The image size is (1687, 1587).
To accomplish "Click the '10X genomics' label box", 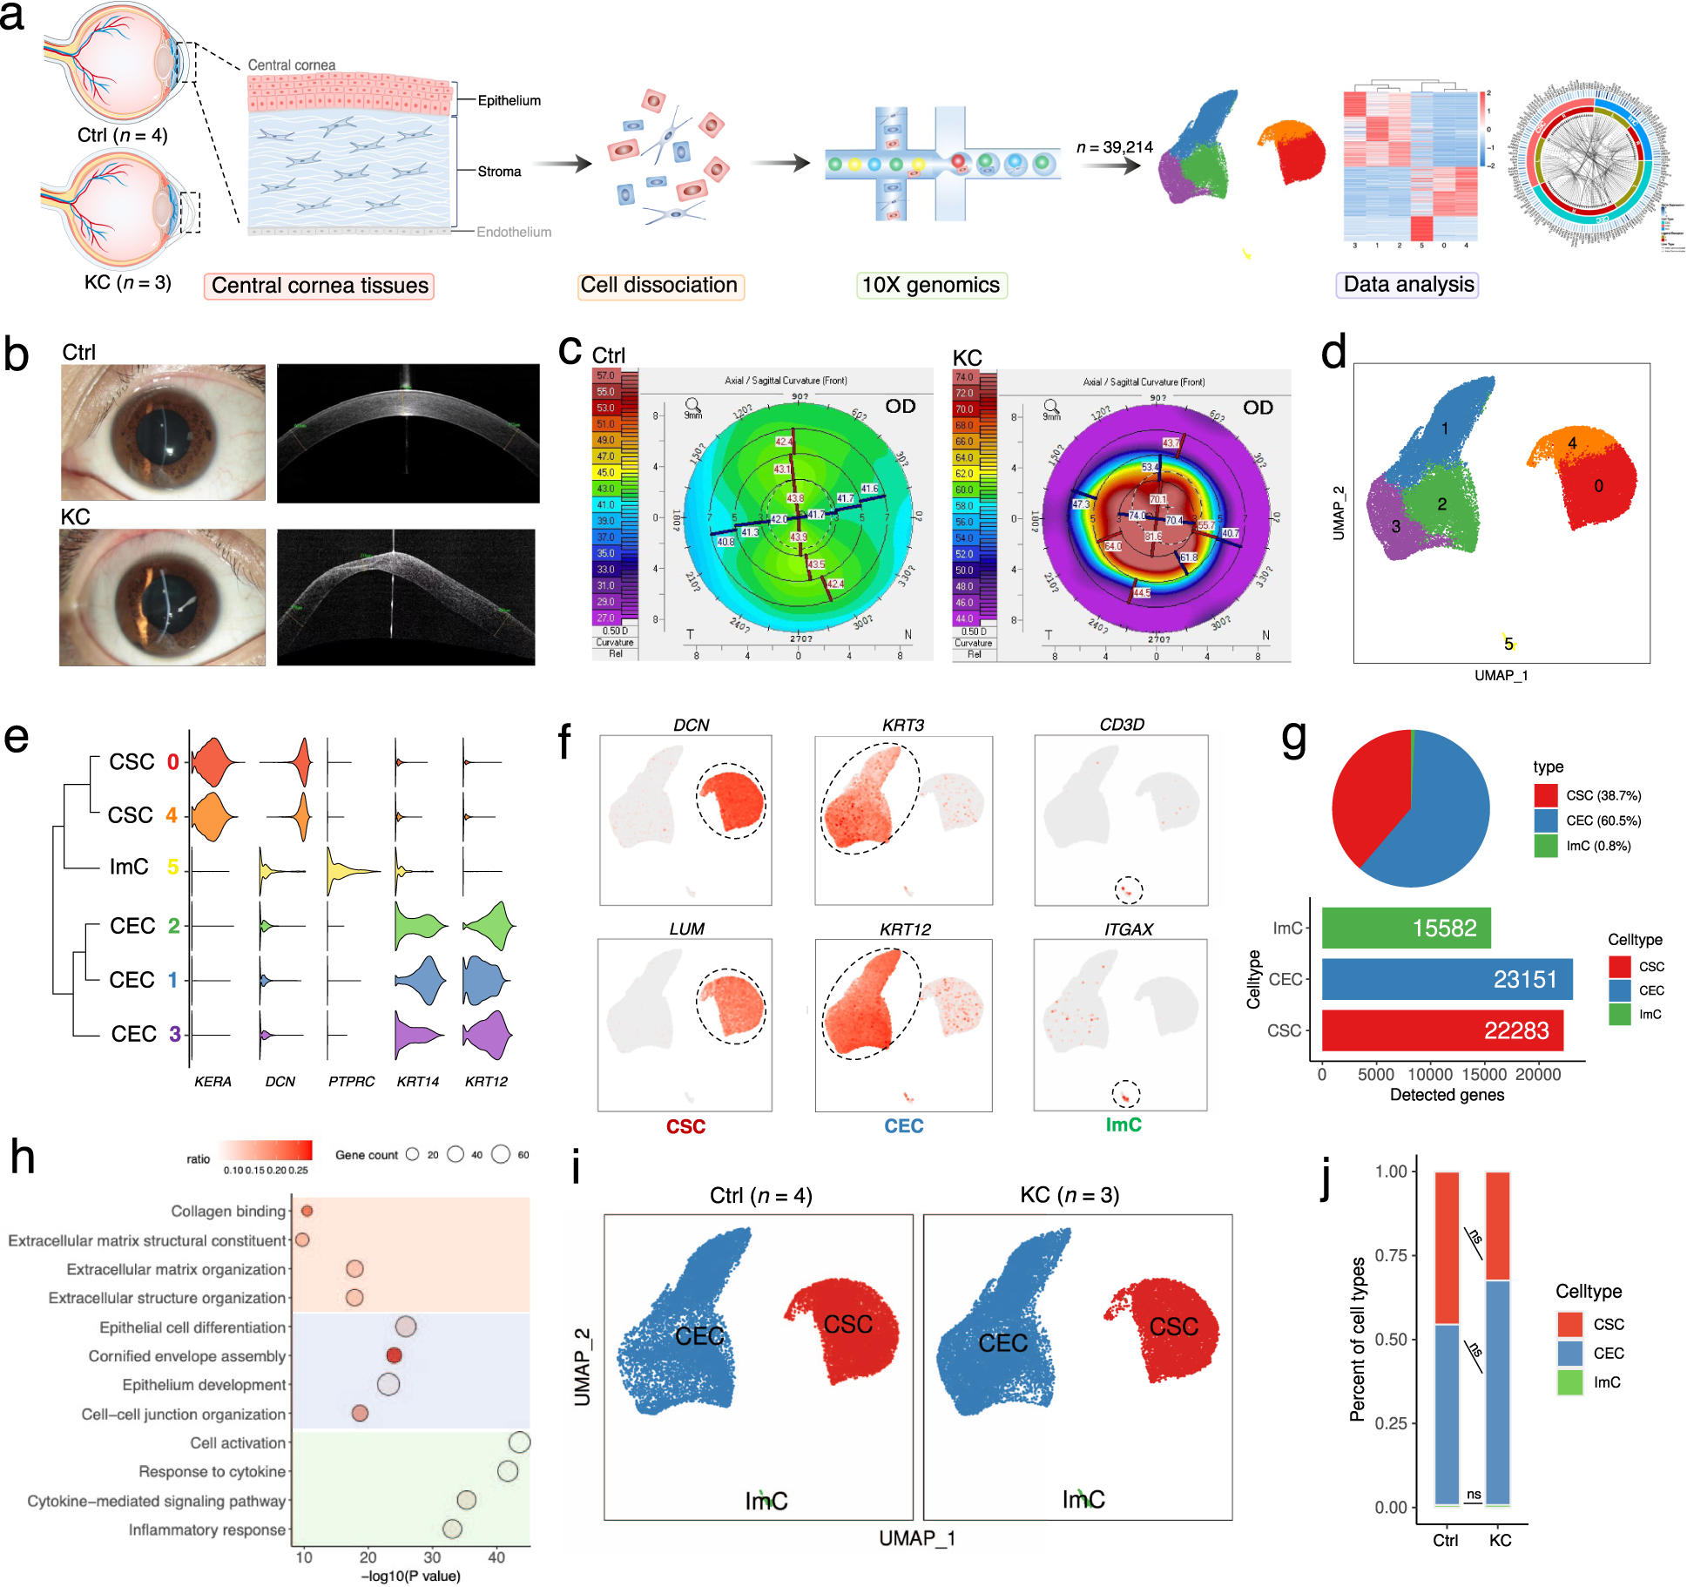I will pyautogui.click(x=930, y=285).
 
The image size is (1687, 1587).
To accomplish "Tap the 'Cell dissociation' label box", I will pyautogui.click(x=659, y=285).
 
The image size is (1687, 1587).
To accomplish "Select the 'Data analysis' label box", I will pyautogui.click(x=1408, y=284).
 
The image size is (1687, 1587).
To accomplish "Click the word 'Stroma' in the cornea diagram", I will pyautogui.click(x=499, y=172).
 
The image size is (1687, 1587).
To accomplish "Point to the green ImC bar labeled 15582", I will pyautogui.click(x=1406, y=928).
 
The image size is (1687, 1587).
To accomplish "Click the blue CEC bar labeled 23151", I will pyautogui.click(x=1446, y=979).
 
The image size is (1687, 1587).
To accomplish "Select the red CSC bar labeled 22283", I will pyautogui.click(x=1441, y=1030).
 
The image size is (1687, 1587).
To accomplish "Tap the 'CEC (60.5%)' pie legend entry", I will pyautogui.click(x=1603, y=821).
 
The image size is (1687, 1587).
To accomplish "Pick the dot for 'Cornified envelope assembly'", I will pyautogui.click(x=394, y=1355).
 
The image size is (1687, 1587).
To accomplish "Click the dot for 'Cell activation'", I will pyautogui.click(x=519, y=1442).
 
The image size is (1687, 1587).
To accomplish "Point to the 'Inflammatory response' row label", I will pyautogui.click(x=207, y=1530).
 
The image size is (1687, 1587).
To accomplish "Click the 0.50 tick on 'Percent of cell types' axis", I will pyautogui.click(x=1391, y=1339).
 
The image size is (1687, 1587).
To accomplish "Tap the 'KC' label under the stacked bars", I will pyautogui.click(x=1500, y=1540).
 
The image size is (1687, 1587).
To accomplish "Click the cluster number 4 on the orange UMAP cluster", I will pyautogui.click(x=1572, y=442).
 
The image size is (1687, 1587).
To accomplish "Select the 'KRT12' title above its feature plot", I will pyautogui.click(x=905, y=929).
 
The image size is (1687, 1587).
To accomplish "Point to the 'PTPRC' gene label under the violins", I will pyautogui.click(x=351, y=1081).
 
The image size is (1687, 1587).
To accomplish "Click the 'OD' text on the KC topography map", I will pyautogui.click(x=1258, y=407).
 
